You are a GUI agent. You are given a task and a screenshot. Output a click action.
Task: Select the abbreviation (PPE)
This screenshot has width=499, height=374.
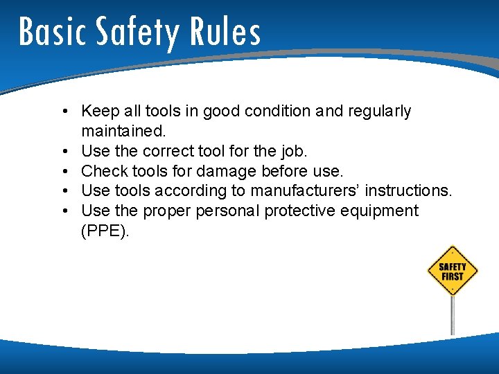pos(105,231)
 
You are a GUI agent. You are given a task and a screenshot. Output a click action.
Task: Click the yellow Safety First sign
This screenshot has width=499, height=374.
pos(453,271)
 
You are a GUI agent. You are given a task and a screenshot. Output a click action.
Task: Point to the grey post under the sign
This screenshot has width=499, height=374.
pos(453,315)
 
